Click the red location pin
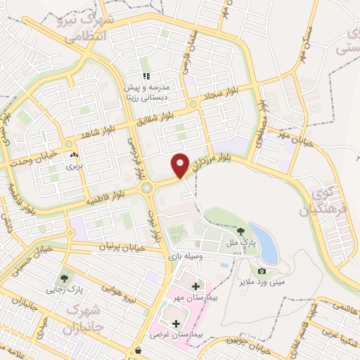point(181,165)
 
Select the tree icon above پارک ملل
point(241,231)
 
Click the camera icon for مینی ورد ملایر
point(262,271)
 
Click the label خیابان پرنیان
point(122,248)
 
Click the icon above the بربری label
point(74,155)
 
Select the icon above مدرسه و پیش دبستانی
point(146,75)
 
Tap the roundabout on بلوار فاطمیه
point(147,188)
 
